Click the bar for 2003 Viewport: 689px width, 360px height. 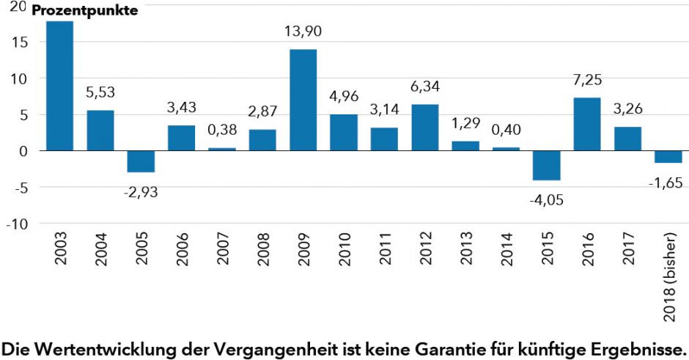(60, 86)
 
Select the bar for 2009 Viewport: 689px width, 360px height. (303, 100)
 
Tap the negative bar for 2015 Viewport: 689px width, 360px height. (546, 165)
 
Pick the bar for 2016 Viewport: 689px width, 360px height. (586, 124)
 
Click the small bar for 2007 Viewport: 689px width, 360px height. (222, 149)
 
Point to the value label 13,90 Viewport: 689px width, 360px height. (303, 32)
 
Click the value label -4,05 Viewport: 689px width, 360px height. (546, 199)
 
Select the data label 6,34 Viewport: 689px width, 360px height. (424, 87)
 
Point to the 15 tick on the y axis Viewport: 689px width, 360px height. (20, 42)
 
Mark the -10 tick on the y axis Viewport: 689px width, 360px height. (17, 224)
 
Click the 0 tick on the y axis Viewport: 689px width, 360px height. (24, 151)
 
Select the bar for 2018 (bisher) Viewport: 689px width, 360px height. (667, 157)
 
